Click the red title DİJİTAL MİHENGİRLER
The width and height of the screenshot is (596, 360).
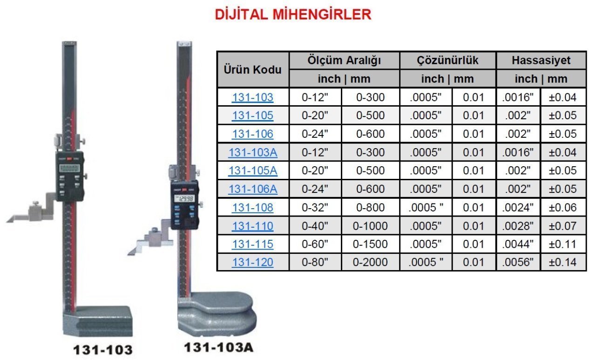pos(293,14)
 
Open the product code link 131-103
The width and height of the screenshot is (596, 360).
pos(252,97)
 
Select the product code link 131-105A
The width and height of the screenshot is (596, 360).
pos(252,170)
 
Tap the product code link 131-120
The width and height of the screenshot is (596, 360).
pos(252,262)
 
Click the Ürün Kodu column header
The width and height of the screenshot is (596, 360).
pos(252,70)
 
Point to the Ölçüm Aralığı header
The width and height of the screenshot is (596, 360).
pos(344,61)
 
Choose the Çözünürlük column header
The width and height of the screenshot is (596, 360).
pos(447,61)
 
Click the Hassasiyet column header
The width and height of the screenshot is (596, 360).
pos(541,61)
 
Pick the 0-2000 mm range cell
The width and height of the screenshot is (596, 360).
pos(370,262)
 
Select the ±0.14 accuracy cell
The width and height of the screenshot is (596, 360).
pos(562,262)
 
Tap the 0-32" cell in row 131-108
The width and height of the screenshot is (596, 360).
pos(315,207)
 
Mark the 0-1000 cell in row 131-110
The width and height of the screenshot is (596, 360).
pos(370,226)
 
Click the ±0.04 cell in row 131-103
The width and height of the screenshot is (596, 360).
pos(562,97)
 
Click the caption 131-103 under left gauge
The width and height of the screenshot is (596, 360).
pos(102,350)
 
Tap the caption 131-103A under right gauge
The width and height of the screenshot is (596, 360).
pos(219,347)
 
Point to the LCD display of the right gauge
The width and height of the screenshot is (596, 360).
pos(184,199)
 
